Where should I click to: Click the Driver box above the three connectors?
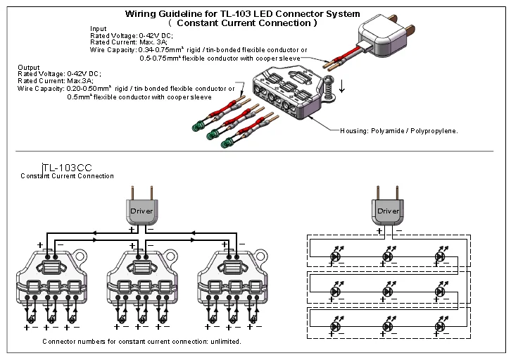point(141,210)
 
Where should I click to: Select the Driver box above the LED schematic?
point(388,211)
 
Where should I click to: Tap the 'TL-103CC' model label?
point(67,168)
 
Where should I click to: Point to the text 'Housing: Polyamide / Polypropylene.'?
point(399,131)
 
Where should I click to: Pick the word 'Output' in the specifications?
point(28,67)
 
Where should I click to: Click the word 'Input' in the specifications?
point(99,29)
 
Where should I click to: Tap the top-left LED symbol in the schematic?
point(336,256)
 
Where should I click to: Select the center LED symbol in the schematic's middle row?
point(388,291)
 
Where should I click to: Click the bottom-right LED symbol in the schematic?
point(441,325)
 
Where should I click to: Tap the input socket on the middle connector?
point(141,268)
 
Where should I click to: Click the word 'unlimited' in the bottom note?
point(225,342)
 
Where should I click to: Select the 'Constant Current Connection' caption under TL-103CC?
point(67,176)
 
